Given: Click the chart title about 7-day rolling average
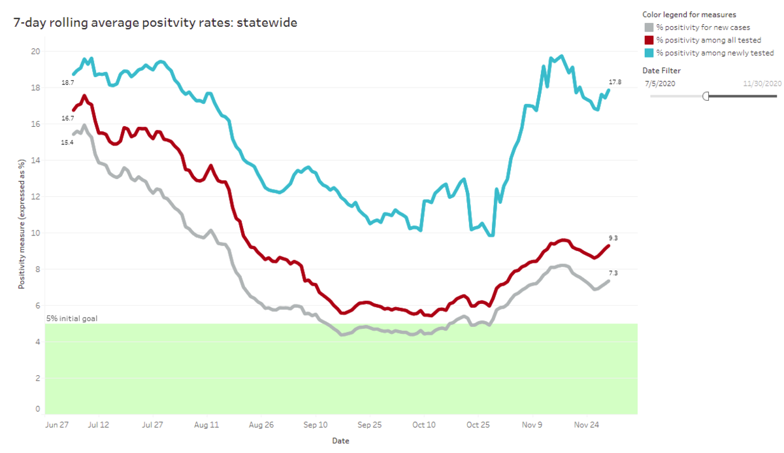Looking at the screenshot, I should point(155,24).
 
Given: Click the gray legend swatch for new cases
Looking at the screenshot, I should point(649,27).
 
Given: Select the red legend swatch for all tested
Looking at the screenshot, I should point(649,40).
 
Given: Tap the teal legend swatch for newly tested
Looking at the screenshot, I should point(649,53).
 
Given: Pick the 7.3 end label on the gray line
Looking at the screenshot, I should point(613,273).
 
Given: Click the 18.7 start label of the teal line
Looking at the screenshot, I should point(67,83).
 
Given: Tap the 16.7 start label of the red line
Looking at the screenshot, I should point(67,118).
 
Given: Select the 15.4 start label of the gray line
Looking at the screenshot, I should point(67,142).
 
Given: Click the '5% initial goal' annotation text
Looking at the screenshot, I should point(72,319).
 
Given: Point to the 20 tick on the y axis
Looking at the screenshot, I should point(36,52).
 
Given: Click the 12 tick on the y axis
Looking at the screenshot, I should point(36,197).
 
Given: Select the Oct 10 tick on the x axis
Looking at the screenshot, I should point(423,425).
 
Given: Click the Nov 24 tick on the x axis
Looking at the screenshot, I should point(586,425).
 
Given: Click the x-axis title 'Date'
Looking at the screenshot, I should point(340,441).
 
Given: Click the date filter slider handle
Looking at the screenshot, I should point(706,96).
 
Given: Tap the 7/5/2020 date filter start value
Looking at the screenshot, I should point(660,83).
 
